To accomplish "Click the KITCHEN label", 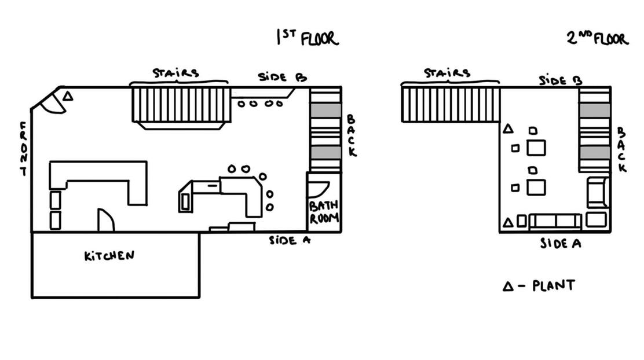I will pyautogui.click(x=109, y=256).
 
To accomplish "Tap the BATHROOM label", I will pyautogui.click(x=323, y=212).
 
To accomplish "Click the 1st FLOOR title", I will pyautogui.click(x=307, y=38).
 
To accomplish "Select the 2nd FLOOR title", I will pyautogui.click(x=597, y=39).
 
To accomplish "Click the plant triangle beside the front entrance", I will pyautogui.click(x=68, y=97).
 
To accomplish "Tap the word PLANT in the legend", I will pyautogui.click(x=554, y=285).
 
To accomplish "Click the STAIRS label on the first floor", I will pyautogui.click(x=175, y=74).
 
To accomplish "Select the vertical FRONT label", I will pyautogui.click(x=23, y=149).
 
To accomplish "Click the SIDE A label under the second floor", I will pyautogui.click(x=560, y=244).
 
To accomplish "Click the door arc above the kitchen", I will pyautogui.click(x=105, y=220).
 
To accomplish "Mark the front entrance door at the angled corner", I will pyautogui.click(x=50, y=103).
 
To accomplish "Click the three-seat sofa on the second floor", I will pyautogui.click(x=555, y=221).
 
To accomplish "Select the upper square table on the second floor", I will pyautogui.click(x=536, y=148).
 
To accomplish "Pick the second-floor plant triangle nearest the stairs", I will pyautogui.click(x=508, y=129).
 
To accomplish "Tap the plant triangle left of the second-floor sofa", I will pyautogui.click(x=508, y=222).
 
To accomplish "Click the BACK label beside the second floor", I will pyautogui.click(x=621, y=150).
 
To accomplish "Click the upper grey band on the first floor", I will pyautogui.click(x=324, y=110).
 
